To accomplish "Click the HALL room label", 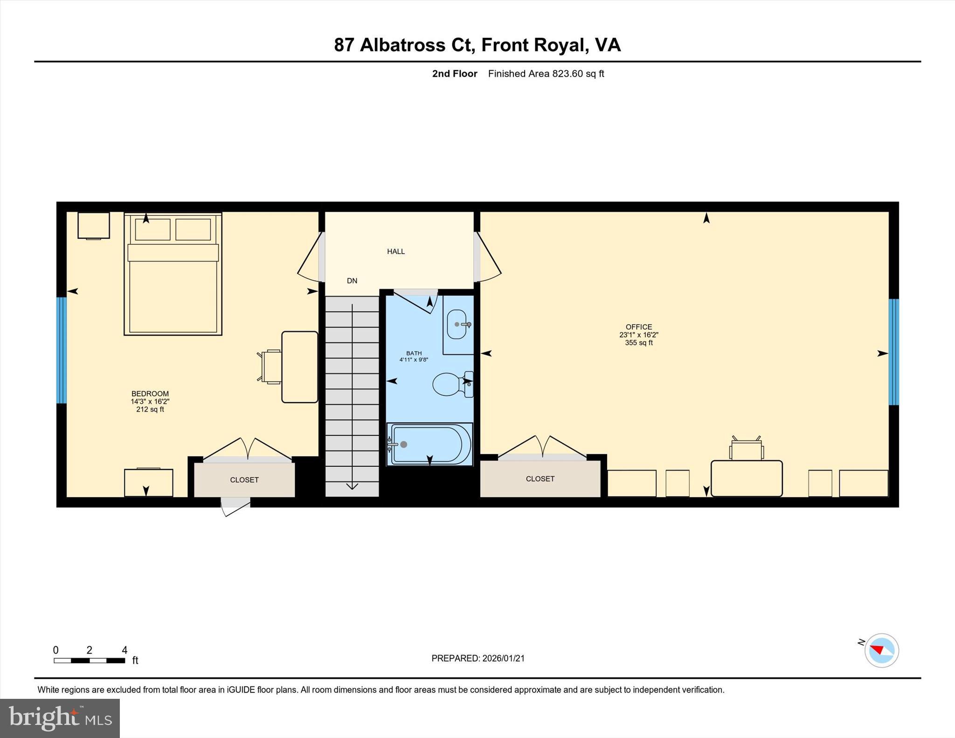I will click(x=395, y=251).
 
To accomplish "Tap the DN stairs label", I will click(x=352, y=281).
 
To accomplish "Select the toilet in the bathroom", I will click(x=448, y=384).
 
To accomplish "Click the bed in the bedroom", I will click(x=173, y=280).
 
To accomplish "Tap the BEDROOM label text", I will click(x=150, y=393).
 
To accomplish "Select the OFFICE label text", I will click(x=638, y=327).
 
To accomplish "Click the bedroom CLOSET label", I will click(x=244, y=480).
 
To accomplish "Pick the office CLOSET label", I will click(x=540, y=479).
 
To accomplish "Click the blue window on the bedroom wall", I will click(x=62, y=350).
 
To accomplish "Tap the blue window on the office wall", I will click(x=893, y=352).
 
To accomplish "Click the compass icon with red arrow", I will click(x=881, y=650).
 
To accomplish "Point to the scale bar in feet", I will click(x=89, y=660).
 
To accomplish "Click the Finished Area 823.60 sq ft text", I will click(x=546, y=74).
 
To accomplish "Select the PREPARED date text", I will click(x=477, y=658).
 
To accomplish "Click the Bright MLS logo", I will click(x=60, y=718).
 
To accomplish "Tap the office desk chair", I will click(x=746, y=449).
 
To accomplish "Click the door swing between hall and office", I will click(x=488, y=259).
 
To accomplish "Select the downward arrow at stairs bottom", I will click(x=352, y=486).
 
